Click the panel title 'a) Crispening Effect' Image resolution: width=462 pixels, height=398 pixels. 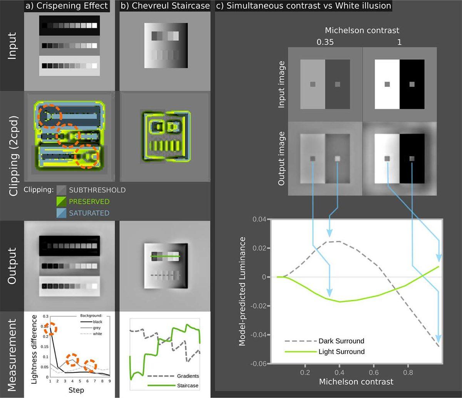click(67, 6)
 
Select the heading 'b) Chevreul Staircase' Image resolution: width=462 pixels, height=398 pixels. click(165, 6)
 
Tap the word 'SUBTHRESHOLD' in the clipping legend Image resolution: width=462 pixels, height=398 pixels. click(97, 190)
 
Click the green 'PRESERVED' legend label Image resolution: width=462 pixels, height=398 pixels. click(89, 201)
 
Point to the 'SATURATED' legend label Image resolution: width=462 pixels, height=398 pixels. click(89, 213)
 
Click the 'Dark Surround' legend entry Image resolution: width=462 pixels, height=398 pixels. click(341, 341)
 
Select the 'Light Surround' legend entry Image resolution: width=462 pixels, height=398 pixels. click(341, 351)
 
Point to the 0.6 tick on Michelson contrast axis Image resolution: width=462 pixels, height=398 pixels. click(373, 373)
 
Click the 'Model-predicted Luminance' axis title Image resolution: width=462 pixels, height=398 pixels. click(243, 291)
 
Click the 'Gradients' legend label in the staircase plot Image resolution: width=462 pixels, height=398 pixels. click(188, 376)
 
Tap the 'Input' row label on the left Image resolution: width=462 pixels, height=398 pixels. click(12, 45)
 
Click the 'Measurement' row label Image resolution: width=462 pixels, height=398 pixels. click(12, 354)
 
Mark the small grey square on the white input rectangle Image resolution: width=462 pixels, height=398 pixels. click(387, 84)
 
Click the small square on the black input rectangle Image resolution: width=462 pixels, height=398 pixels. click(412, 84)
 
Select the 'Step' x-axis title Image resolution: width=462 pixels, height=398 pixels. click(76, 390)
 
